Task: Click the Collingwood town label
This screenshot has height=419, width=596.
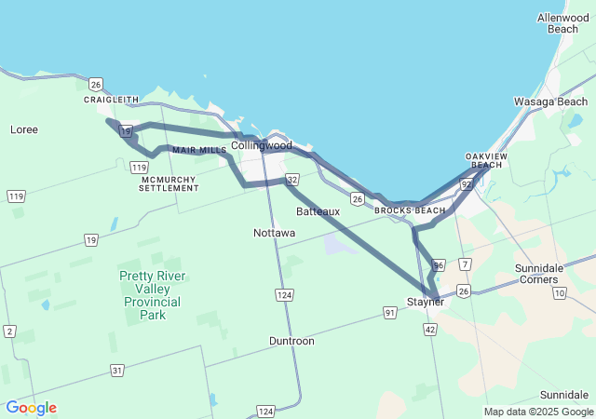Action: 261,145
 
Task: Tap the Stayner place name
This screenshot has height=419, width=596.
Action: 425,302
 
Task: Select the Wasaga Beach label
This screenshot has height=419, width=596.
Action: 550,101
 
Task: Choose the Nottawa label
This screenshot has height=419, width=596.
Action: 274,233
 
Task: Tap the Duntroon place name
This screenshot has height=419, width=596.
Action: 291,341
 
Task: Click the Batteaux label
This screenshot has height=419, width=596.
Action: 318,211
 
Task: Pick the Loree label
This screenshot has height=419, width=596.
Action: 23,129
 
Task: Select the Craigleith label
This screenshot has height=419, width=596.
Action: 111,100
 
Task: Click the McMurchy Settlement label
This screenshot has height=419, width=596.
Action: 169,182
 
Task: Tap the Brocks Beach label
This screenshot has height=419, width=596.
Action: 410,210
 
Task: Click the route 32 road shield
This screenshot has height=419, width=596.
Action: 292,179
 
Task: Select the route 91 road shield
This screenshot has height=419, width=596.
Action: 389,312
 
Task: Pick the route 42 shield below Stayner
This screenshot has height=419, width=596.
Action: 429,330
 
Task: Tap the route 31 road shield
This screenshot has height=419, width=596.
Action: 117,371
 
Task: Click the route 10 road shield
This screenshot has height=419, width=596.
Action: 559,293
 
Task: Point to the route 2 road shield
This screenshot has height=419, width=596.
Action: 9,331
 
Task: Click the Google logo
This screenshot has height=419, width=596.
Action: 31,408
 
